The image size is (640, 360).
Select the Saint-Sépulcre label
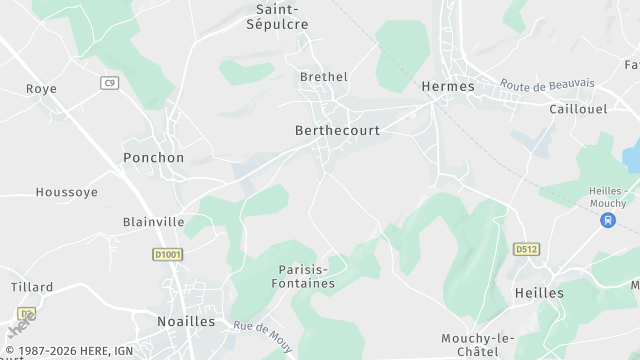pyautogui.click(x=277, y=17)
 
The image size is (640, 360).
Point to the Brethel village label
pyautogui.click(x=324, y=76)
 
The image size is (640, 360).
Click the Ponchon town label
pyautogui.click(x=153, y=157)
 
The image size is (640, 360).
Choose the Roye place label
pyautogui.click(x=41, y=89)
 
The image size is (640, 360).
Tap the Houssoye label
pyautogui.click(x=67, y=192)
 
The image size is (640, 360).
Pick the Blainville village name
pyautogui.click(x=153, y=222)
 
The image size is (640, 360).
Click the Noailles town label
pyautogui.click(x=186, y=321)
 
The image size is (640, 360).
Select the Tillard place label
pyautogui.click(x=32, y=287)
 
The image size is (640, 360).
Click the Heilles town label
pyautogui.click(x=539, y=293)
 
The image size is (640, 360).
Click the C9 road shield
pyautogui.click(x=109, y=83)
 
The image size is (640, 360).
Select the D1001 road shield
pyautogui.click(x=168, y=255)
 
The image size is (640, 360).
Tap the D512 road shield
pyautogui.click(x=525, y=249)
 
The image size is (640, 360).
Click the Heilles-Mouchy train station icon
pyautogui.click(x=608, y=220)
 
